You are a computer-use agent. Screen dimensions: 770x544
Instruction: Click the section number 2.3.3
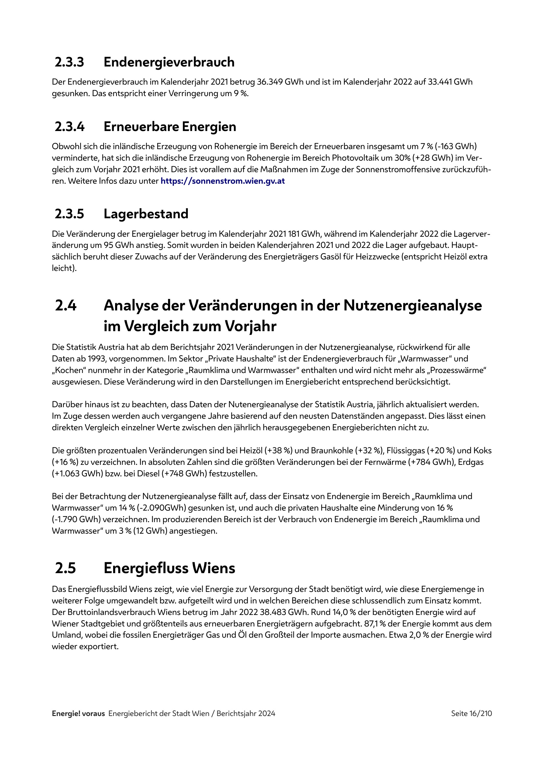pos(69,62)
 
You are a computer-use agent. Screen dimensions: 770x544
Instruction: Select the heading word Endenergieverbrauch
pos(169,62)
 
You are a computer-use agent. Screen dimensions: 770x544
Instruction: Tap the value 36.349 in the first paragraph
pos(269,82)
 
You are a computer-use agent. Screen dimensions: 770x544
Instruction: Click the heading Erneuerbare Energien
pos(170,127)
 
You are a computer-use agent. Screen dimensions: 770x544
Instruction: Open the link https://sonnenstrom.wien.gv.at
pos(223,181)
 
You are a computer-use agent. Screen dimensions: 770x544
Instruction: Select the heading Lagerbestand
pos(146,214)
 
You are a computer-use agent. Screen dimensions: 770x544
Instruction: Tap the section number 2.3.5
pos(69,214)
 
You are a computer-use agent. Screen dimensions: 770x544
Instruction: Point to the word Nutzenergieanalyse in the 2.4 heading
pos(412,305)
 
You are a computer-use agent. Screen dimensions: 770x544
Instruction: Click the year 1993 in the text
pos(97,359)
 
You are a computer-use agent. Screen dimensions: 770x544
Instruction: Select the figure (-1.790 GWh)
pos(76,519)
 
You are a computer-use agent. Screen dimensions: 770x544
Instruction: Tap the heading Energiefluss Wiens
pos(169,568)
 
